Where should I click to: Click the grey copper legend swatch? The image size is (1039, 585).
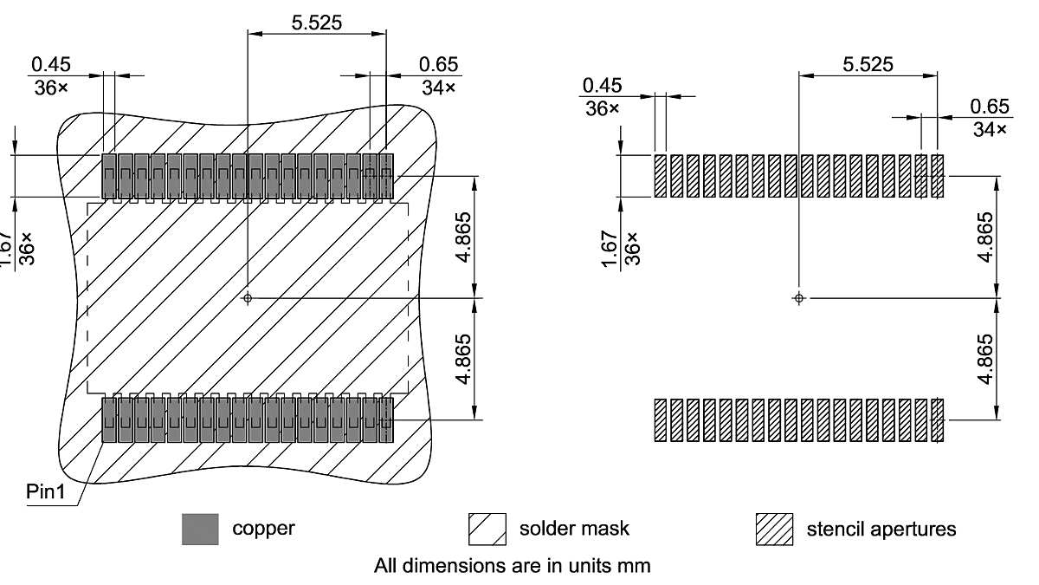[200, 529]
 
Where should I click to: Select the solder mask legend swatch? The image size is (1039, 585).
[487, 529]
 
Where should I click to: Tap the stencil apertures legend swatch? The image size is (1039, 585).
[775, 529]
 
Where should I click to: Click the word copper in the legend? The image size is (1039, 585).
[263, 529]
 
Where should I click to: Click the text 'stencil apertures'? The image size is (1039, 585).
[881, 529]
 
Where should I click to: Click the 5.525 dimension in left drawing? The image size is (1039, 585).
[316, 23]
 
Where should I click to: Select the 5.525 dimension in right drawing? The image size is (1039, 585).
[868, 64]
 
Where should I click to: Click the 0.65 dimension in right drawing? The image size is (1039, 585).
[990, 107]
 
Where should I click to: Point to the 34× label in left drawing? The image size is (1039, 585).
[440, 88]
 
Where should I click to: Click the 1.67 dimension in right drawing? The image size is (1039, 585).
[610, 251]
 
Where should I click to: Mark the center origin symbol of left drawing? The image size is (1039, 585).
[248, 297]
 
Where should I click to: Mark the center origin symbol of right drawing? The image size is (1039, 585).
[799, 297]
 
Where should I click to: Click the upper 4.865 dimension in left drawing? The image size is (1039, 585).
[465, 237]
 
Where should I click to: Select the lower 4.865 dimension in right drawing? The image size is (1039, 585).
[984, 358]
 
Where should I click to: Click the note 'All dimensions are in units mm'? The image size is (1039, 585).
[512, 566]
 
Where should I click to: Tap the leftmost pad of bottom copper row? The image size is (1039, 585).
[109, 420]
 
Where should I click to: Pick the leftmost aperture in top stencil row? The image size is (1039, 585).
[661, 176]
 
